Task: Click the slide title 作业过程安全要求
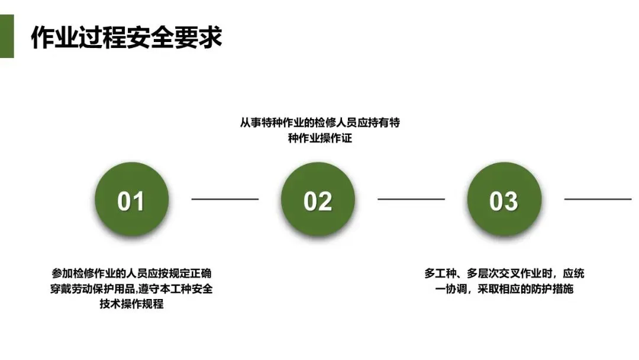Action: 126,37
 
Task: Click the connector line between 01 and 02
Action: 225,199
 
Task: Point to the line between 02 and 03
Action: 411,199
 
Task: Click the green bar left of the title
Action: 7,37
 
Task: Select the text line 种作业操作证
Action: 319,139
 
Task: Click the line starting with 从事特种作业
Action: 319,123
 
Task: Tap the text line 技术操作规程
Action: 131,304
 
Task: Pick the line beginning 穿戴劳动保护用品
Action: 131,289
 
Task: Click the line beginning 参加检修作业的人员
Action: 131,274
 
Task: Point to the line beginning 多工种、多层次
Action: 504,274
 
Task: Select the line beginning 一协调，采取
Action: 504,289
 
